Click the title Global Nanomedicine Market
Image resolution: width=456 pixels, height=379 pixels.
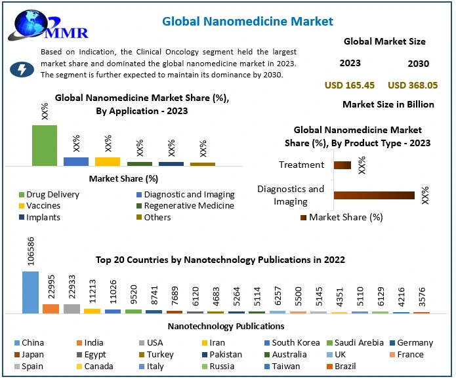click(x=247, y=22)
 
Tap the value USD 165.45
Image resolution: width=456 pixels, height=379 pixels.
click(x=350, y=85)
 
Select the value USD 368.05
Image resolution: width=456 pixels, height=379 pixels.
click(x=413, y=85)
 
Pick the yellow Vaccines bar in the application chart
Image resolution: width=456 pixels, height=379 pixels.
click(x=108, y=161)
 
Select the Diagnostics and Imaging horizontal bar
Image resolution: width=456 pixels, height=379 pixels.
click(x=374, y=195)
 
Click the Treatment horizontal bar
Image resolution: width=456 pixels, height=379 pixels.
click(x=342, y=165)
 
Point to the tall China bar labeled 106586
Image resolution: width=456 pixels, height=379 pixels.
click(x=31, y=292)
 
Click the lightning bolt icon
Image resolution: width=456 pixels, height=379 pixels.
click(x=22, y=70)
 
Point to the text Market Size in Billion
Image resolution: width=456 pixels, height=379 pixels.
click(x=388, y=104)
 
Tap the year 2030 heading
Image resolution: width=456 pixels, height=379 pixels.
click(x=418, y=64)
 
